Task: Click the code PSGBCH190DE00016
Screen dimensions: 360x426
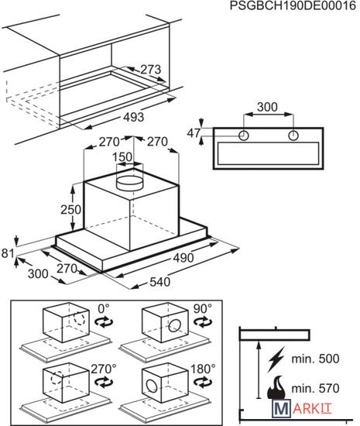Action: pyautogui.click(x=293, y=5)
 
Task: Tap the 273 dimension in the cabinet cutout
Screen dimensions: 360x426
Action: pyautogui.click(x=151, y=70)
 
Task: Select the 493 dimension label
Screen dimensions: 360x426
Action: pyautogui.click(x=134, y=117)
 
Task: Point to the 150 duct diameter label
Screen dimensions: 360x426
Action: pyautogui.click(x=122, y=156)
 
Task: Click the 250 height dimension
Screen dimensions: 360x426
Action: pyautogui.click(x=70, y=209)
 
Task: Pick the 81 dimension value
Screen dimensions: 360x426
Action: pyautogui.click(x=8, y=253)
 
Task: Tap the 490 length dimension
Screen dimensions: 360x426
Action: pyautogui.click(x=183, y=258)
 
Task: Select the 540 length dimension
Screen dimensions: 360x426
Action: pyautogui.click(x=160, y=282)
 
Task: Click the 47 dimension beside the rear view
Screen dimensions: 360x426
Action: pyautogui.click(x=194, y=133)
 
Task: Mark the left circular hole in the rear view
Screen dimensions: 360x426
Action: pyautogui.click(x=244, y=136)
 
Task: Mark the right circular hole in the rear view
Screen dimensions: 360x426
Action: pyautogui.click(x=293, y=136)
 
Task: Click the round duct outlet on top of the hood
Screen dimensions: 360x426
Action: pyautogui.click(x=129, y=183)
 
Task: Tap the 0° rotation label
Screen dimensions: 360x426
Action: pyautogui.click(x=104, y=308)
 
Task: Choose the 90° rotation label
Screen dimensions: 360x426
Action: pyautogui.click(x=203, y=308)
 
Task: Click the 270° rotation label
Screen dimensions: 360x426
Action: pyautogui.click(x=104, y=369)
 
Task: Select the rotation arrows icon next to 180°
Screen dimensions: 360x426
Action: pyautogui.click(x=203, y=383)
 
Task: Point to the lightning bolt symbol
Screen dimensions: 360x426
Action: pyautogui.click(x=276, y=359)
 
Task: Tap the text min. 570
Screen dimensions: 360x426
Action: pyautogui.click(x=315, y=388)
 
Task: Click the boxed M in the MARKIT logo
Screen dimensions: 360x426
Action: pyautogui.click(x=282, y=408)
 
